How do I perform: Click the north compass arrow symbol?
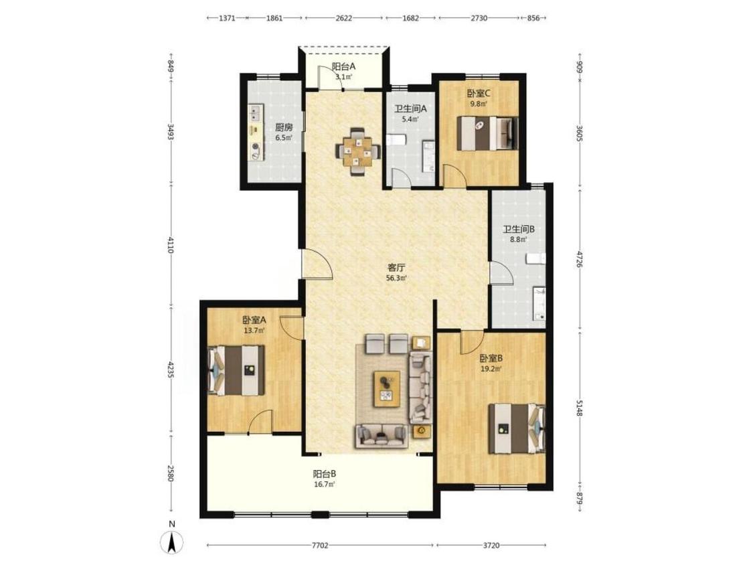click(x=172, y=543)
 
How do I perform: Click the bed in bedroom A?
click(x=236, y=370)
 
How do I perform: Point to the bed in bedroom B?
click(x=517, y=428)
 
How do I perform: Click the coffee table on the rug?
click(x=387, y=389)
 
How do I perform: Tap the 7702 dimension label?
click(x=320, y=546)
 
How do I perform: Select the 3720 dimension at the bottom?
click(x=491, y=546)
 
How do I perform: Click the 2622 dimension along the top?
click(x=344, y=18)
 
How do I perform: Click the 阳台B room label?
click(x=325, y=474)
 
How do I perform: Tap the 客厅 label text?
click(x=397, y=268)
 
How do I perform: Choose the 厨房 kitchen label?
click(x=284, y=128)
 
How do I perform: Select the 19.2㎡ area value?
click(x=491, y=369)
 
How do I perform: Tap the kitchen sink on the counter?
click(x=255, y=113)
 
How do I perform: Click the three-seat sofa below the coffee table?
click(x=382, y=436)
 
